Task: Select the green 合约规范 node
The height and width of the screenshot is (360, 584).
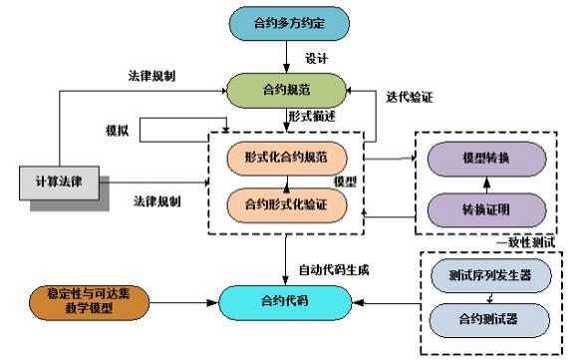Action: click(287, 90)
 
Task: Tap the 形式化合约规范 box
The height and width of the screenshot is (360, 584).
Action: click(287, 157)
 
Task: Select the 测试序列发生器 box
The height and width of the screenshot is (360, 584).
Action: click(489, 274)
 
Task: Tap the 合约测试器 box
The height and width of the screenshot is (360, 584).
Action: click(489, 320)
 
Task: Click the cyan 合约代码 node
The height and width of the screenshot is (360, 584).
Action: click(287, 300)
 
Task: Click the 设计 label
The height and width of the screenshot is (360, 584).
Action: click(317, 57)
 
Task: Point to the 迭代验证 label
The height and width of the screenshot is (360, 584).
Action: click(408, 97)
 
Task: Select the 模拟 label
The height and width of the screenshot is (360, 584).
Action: click(119, 131)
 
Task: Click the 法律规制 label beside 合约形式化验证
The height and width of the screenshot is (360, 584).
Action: click(157, 202)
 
